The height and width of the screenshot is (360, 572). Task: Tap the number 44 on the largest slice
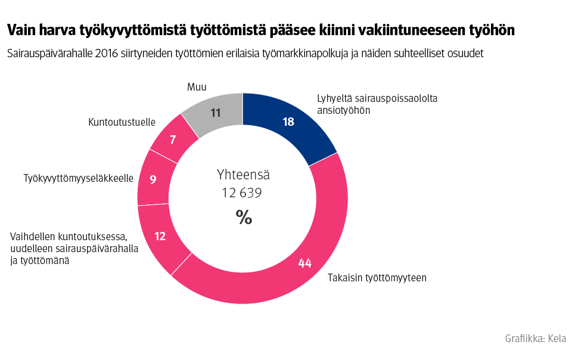(x=305, y=263)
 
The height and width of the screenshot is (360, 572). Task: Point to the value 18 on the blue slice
(x=288, y=122)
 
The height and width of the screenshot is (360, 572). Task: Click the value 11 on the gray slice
(x=216, y=112)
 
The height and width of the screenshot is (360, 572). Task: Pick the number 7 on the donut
(x=173, y=140)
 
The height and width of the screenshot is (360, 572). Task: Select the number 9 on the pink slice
(x=153, y=179)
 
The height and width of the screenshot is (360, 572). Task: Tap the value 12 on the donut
(x=160, y=237)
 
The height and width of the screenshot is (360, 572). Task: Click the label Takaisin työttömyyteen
(x=377, y=278)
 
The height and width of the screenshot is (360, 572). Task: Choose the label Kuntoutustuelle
(x=122, y=122)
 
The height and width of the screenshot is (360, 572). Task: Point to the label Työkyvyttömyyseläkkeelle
(x=78, y=178)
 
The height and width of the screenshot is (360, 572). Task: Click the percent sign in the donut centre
(x=244, y=218)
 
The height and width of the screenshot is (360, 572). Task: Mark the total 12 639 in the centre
(x=242, y=193)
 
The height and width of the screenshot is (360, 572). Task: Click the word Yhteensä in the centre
(x=243, y=175)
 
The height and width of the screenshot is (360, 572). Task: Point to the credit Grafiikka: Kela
(x=535, y=339)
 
